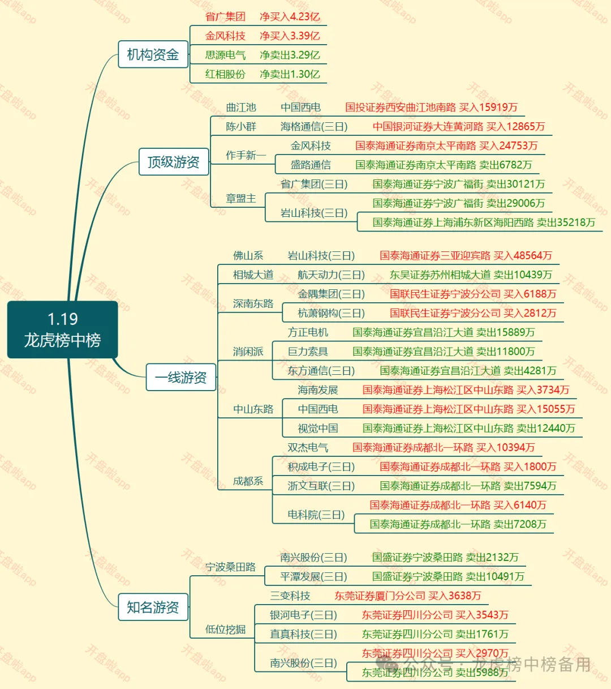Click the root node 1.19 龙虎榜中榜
62,329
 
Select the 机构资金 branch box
153,54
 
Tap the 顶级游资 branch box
174,162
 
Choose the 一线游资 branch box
181,377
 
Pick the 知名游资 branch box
153,607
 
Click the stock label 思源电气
225,55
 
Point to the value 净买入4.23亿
290,16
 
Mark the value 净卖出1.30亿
290,74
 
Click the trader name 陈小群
241,126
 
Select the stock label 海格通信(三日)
314,126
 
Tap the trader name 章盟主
241,198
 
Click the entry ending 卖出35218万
484,222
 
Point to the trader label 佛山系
248,255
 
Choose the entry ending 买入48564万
466,255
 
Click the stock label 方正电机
308,332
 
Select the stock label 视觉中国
318,428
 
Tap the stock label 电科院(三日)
316,515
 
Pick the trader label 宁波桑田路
230,567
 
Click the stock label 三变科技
290,596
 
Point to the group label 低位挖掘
225,629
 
